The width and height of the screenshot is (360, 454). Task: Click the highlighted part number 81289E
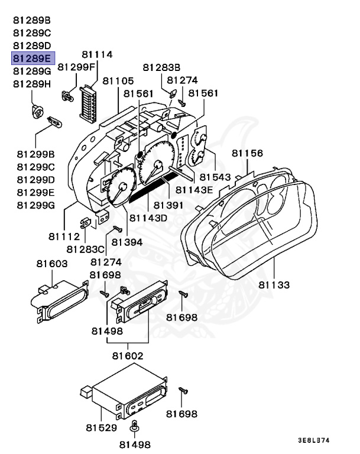33,58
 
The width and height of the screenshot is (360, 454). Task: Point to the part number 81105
118,80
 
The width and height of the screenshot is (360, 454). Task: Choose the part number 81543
215,177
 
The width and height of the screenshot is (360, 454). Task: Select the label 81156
247,153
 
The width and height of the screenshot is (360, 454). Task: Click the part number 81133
274,285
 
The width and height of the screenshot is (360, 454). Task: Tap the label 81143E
193,190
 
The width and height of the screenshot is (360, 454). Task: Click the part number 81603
51,263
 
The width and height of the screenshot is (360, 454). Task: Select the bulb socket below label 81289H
39,111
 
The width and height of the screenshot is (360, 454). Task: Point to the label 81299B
35,154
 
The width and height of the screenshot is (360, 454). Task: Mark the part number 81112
64,236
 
